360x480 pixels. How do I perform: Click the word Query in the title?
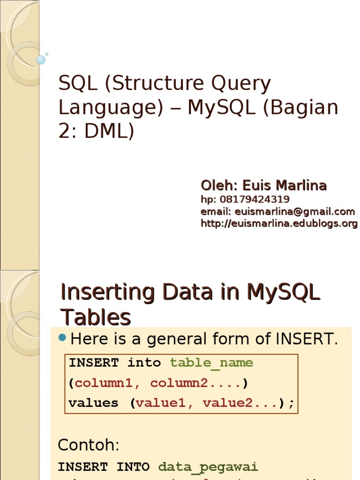point(241,84)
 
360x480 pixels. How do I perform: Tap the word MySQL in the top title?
point(219,108)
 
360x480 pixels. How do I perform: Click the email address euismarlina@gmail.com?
point(295,211)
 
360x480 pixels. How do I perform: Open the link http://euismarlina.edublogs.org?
point(279,224)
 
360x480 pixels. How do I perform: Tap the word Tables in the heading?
point(96,318)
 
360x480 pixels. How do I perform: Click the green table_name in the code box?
point(211,363)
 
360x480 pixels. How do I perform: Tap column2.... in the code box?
point(195,383)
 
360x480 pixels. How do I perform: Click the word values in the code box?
point(93,403)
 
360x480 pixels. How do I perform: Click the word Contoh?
point(89,444)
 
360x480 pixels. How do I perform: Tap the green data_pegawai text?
point(208,466)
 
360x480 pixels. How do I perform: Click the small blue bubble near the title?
point(41,60)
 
